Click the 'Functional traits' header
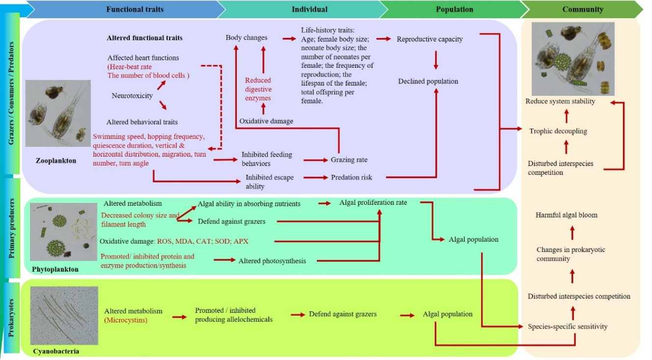(x=135, y=9)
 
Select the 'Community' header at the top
(x=583, y=9)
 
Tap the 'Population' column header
(x=454, y=9)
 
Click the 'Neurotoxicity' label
(x=132, y=96)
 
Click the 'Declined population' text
(x=428, y=81)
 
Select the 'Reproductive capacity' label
(x=430, y=39)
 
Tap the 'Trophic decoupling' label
(x=558, y=131)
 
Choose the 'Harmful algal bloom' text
(x=567, y=215)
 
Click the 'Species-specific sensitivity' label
(x=567, y=326)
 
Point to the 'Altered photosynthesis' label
(x=272, y=261)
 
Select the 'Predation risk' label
(x=351, y=177)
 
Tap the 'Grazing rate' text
(x=349, y=160)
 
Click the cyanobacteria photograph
(x=64, y=315)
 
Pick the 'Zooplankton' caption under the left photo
(x=57, y=160)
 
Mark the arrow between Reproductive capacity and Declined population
(x=435, y=60)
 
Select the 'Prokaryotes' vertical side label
(x=11, y=317)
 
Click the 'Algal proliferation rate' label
(x=373, y=202)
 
